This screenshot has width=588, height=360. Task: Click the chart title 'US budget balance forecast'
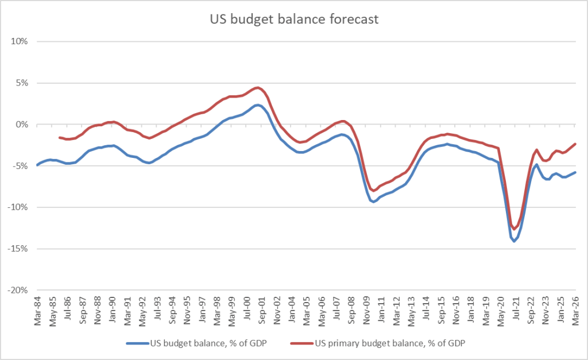coord(293,20)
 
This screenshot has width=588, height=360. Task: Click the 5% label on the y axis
coord(22,83)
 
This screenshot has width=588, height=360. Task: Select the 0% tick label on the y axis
coord(22,125)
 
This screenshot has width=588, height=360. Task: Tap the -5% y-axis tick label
coord(21,166)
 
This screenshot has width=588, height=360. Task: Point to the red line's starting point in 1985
coord(60,137)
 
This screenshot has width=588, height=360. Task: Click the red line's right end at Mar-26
coord(575,144)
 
